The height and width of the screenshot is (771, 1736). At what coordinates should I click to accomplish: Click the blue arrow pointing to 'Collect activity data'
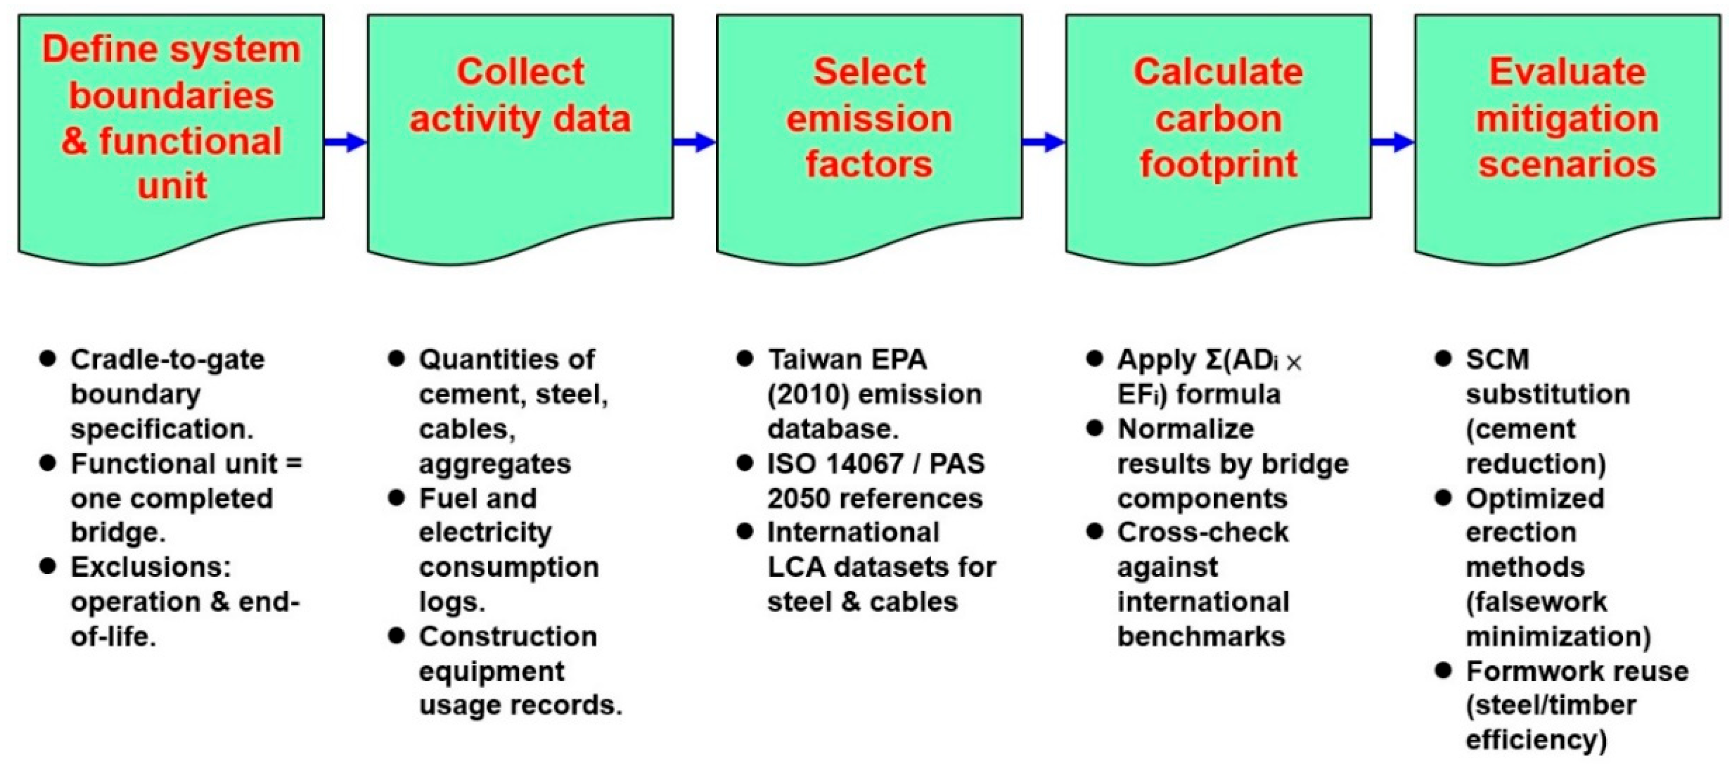click(x=345, y=142)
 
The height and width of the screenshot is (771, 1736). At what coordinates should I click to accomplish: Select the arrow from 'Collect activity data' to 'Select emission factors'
click(x=694, y=142)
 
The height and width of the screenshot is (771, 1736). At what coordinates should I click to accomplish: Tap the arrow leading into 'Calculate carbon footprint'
click(x=1043, y=142)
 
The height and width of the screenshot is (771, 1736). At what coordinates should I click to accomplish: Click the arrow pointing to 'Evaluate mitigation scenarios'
click(x=1392, y=142)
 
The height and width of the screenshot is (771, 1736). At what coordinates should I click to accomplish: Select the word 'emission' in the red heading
click(x=869, y=119)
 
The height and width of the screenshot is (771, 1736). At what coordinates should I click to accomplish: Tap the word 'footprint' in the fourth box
click(x=1218, y=165)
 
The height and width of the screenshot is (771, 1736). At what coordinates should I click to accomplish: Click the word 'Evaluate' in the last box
click(x=1568, y=72)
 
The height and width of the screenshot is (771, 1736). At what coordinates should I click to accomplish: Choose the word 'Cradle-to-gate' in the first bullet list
click(x=167, y=360)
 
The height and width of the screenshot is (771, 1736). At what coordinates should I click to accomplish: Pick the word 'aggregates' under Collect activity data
click(x=495, y=464)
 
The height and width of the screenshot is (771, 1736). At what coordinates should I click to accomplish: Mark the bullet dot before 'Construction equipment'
click(x=396, y=635)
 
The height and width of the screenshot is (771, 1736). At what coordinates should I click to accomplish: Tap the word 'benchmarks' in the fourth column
click(x=1201, y=636)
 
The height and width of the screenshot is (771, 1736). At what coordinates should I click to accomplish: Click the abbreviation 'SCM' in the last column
click(x=1497, y=360)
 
